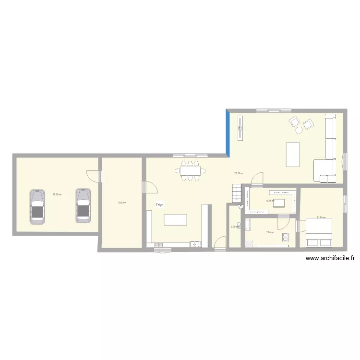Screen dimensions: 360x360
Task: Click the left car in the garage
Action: point(37,206)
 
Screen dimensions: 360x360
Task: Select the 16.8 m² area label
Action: point(122,203)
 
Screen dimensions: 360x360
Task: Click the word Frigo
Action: point(159,204)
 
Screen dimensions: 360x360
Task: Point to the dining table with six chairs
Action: point(190,170)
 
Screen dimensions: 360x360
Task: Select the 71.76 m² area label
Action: point(239,173)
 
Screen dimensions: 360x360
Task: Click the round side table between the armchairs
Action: point(299,130)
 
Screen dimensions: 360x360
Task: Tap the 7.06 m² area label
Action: point(270,232)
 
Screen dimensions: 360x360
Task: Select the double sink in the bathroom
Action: point(285,236)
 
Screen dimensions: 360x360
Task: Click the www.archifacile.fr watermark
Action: point(330,258)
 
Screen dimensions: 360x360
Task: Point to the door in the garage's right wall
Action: point(100,176)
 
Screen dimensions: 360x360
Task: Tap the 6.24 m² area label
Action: point(270,201)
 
